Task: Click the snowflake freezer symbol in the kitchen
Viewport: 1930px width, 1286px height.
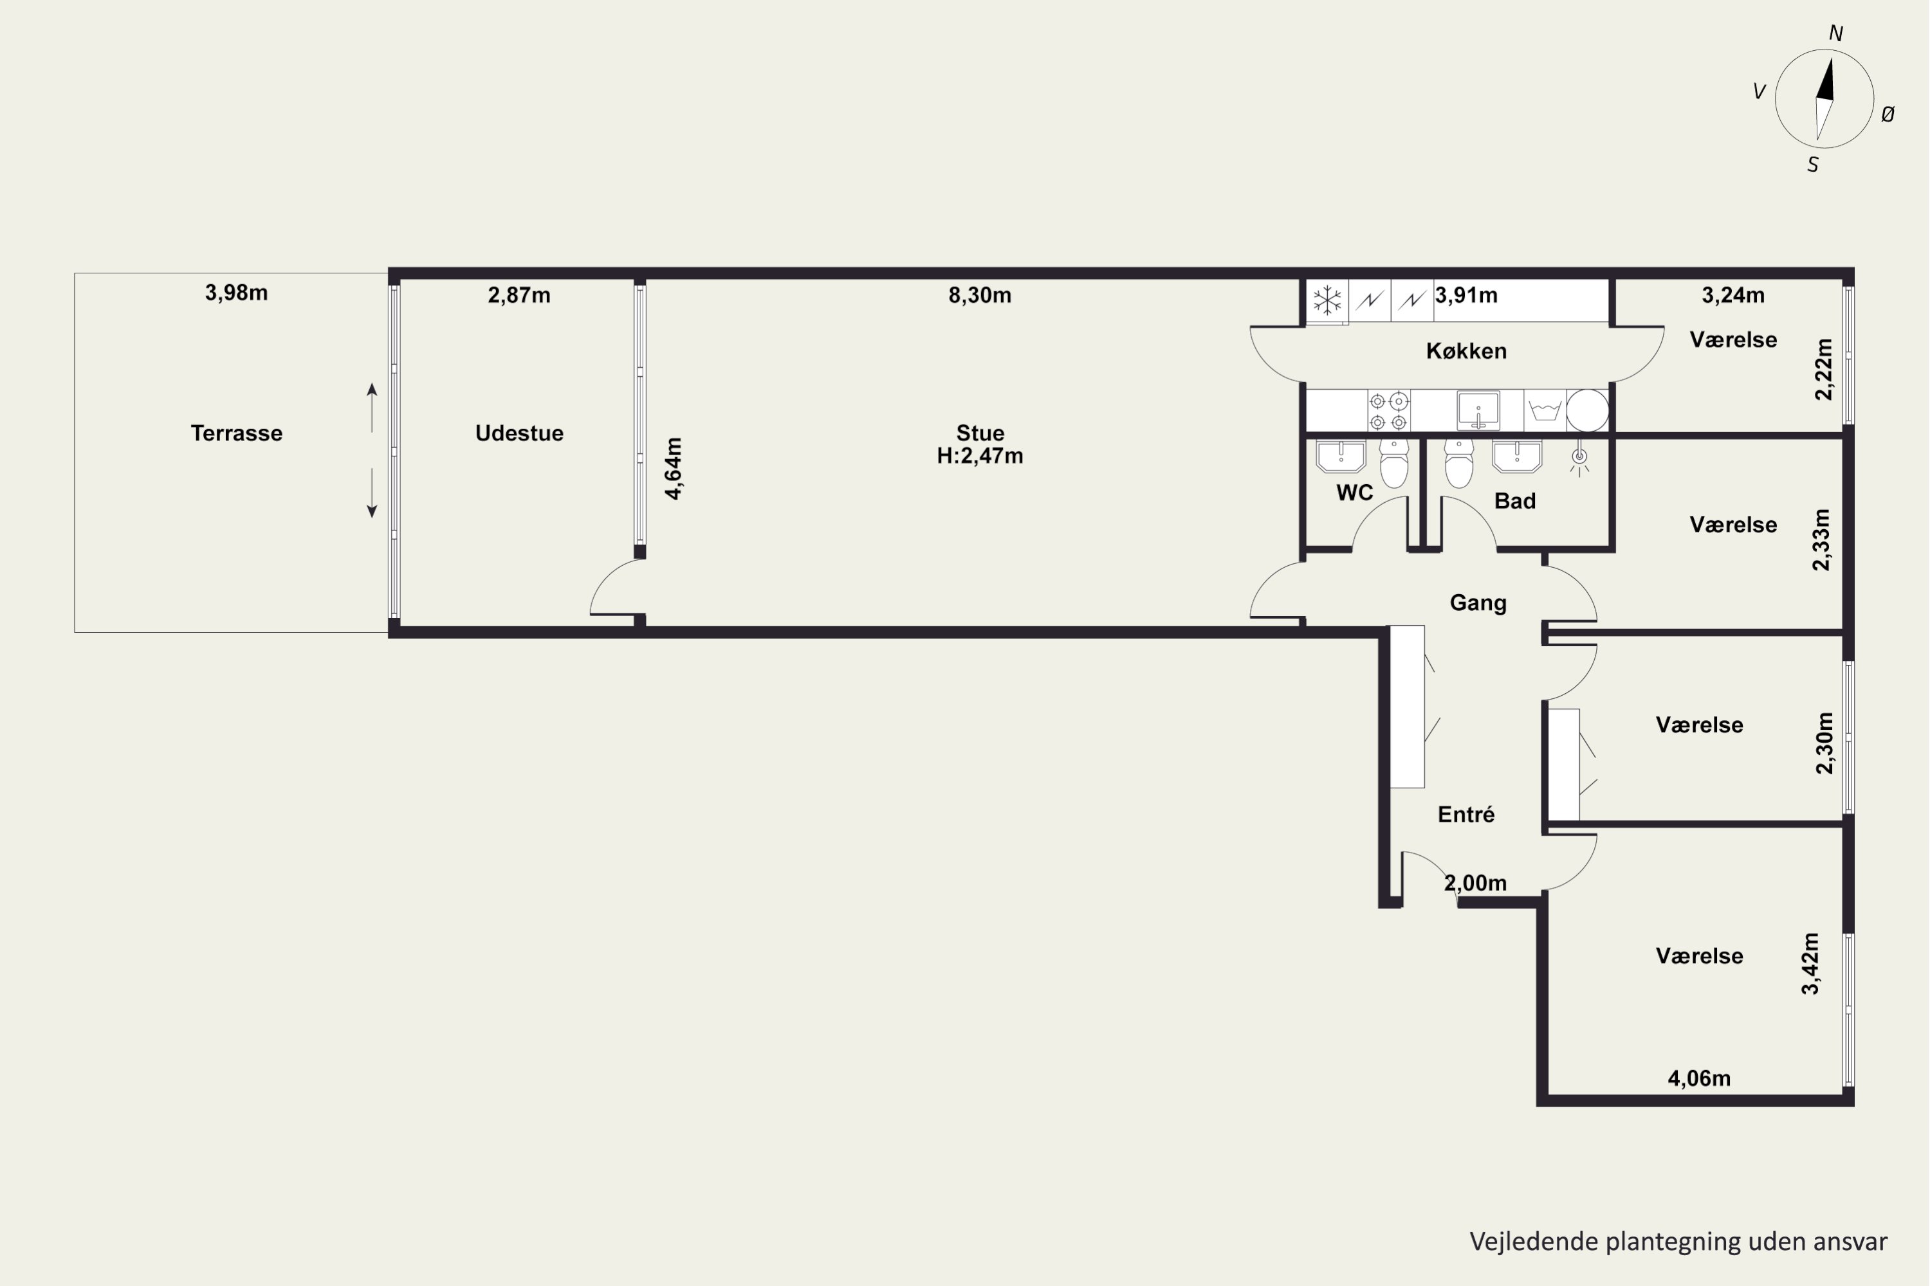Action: pos(1327,300)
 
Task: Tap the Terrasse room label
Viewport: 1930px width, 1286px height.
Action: pos(236,433)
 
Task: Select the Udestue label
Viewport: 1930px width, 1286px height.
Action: pos(519,433)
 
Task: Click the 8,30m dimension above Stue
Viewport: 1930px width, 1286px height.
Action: pos(980,295)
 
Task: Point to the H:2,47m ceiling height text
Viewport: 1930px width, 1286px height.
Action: pos(980,456)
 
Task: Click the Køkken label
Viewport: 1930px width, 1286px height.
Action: pos(1466,351)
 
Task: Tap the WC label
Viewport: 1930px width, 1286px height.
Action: pos(1354,493)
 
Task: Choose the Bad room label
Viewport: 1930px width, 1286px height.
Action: pos(1515,501)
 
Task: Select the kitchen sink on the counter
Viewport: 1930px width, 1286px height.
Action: pos(1478,410)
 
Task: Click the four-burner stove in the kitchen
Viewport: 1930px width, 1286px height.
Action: pos(1388,411)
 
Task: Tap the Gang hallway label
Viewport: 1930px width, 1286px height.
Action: pos(1478,603)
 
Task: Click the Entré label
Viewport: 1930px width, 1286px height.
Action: pos(1466,815)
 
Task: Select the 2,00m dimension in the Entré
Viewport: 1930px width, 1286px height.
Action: pos(1475,883)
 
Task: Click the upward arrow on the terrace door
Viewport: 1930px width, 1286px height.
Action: pos(372,408)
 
